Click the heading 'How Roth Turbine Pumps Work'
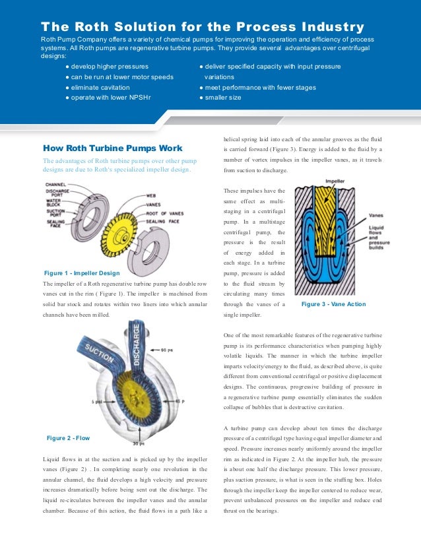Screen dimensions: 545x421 [112, 148]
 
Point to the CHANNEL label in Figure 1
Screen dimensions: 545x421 [55, 186]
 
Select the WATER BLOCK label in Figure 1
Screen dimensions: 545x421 [53, 202]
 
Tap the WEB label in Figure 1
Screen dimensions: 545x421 [150, 196]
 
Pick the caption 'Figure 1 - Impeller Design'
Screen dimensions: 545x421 [81, 273]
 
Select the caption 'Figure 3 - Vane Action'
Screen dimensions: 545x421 [333, 304]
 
